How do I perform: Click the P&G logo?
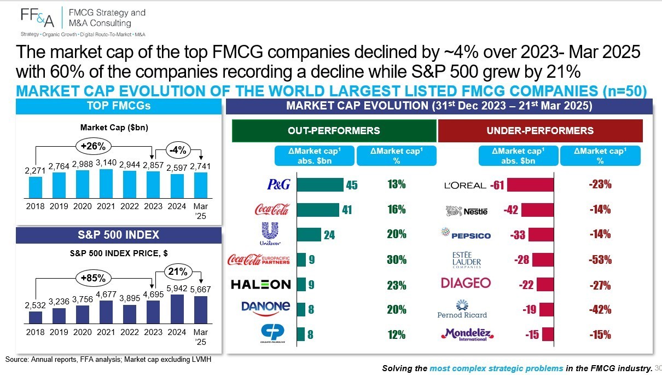click(278, 184)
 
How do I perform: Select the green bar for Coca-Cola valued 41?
click(318, 210)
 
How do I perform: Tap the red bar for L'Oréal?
click(531, 185)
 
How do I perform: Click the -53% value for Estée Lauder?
click(600, 259)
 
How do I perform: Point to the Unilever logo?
click(270, 234)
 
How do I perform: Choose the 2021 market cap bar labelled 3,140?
click(106, 183)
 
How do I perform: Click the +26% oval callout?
click(94, 146)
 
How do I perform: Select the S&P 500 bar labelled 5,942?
click(177, 309)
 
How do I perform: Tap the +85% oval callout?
click(94, 278)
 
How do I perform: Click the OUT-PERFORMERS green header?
click(334, 131)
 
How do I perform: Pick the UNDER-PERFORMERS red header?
click(540, 131)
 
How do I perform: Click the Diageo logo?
click(466, 283)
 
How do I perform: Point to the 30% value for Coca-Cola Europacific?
click(397, 259)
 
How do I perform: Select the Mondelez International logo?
click(467, 334)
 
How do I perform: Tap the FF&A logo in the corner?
click(38, 18)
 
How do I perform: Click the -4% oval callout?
click(178, 150)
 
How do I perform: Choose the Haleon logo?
click(261, 285)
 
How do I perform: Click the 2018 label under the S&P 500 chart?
click(35, 332)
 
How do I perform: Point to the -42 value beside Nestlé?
click(511, 210)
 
